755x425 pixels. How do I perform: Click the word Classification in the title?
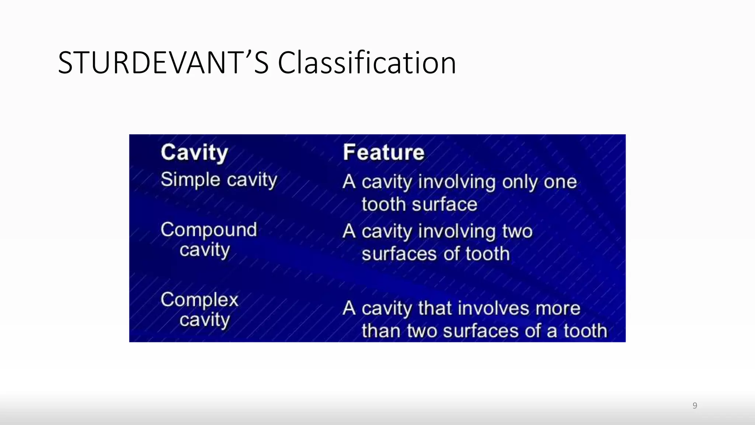pyautogui.click(x=367, y=63)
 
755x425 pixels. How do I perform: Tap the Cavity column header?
pyautogui.click(x=194, y=152)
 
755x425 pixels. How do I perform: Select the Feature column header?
pyautogui.click(x=383, y=152)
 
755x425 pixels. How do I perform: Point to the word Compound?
pyautogui.click(x=209, y=230)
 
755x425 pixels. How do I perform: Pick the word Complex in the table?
pyautogui.click(x=199, y=300)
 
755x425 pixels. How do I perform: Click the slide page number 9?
pyautogui.click(x=695, y=405)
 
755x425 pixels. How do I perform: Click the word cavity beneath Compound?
pyautogui.click(x=205, y=250)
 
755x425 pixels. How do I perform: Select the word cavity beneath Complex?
pyautogui.click(x=205, y=320)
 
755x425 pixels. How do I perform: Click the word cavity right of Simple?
pyautogui.click(x=252, y=180)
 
